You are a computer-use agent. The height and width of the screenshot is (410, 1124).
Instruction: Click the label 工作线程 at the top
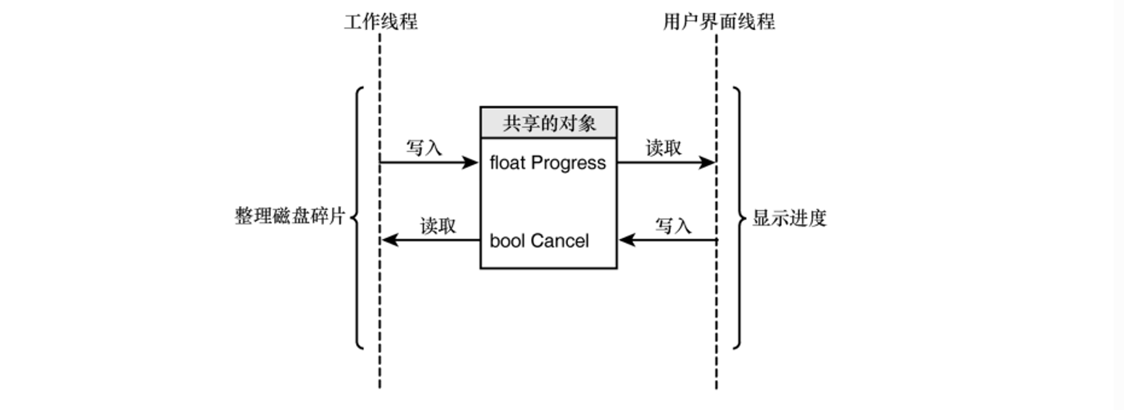pyautogui.click(x=381, y=22)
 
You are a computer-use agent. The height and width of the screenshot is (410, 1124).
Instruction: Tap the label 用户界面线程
pyautogui.click(x=718, y=22)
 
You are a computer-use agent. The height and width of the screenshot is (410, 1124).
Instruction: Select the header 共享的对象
pyautogui.click(x=549, y=123)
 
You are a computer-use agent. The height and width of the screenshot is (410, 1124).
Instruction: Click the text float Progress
pyautogui.click(x=548, y=163)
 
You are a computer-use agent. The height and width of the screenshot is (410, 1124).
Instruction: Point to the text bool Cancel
pyautogui.click(x=539, y=241)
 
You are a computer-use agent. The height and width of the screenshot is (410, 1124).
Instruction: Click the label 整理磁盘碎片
pyautogui.click(x=290, y=217)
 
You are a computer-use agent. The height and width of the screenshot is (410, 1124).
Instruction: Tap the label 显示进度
pyautogui.click(x=789, y=218)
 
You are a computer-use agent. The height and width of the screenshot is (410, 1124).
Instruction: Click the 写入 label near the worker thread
pyautogui.click(x=424, y=147)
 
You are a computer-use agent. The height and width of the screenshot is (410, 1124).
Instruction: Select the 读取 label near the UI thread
pyautogui.click(x=664, y=147)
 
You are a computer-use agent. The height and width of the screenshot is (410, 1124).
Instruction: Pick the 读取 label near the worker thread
pyautogui.click(x=438, y=226)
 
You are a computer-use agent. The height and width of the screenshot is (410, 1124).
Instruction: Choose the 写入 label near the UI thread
pyautogui.click(x=673, y=226)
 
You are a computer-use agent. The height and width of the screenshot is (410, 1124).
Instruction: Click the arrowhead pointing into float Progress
pyautogui.click(x=470, y=162)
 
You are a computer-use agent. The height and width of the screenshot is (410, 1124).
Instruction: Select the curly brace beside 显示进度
pyautogui.click(x=739, y=218)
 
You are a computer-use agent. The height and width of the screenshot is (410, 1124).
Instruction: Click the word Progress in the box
pyautogui.click(x=568, y=163)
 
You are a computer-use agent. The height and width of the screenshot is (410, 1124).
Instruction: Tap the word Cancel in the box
pyautogui.click(x=559, y=241)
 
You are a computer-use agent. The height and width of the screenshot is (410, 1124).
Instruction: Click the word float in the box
pyautogui.click(x=507, y=163)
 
